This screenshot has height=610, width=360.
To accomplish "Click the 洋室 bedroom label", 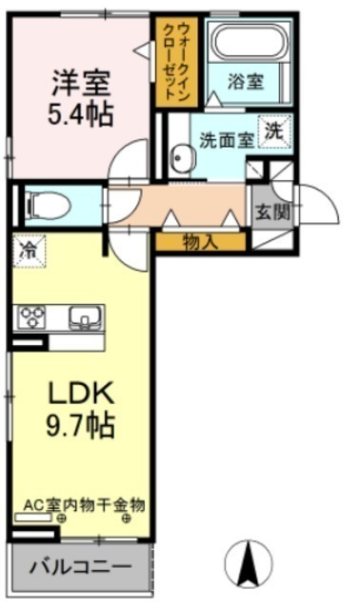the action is pos(82,83).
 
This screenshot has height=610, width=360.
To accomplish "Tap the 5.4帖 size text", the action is pos(81,113).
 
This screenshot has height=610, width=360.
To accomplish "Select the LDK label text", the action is pos(81,393).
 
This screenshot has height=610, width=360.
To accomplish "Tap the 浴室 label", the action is pos(246,82).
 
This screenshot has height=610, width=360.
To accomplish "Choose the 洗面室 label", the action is pos(227,140).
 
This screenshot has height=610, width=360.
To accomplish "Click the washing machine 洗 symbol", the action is pos(275,132).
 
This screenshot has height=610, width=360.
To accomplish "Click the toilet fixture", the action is pos(47,206).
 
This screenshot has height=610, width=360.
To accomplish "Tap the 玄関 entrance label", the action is pos(272,213).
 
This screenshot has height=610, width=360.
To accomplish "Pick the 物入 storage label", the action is pos(200,243).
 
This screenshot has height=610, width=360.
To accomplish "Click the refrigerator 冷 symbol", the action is pos(30,251).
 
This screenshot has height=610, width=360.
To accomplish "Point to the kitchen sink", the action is pos(86,317).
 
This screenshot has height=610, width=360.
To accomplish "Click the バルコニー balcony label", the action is pos(81,567).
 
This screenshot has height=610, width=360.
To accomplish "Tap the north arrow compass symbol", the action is pos(249,563).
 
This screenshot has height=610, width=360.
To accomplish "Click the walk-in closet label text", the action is pos(177,62).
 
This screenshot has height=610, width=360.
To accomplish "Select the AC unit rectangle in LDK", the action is pos(33,518).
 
